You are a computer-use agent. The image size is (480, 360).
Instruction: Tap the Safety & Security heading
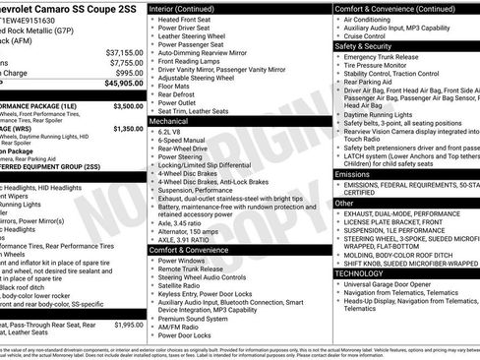point(374,45)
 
